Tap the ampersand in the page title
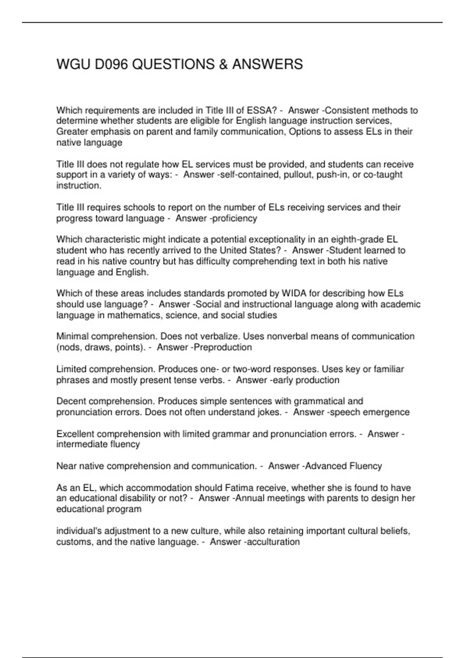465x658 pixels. (223, 64)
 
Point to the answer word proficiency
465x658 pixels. (235, 218)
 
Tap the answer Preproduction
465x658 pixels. (222, 347)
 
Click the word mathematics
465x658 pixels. (134, 315)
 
